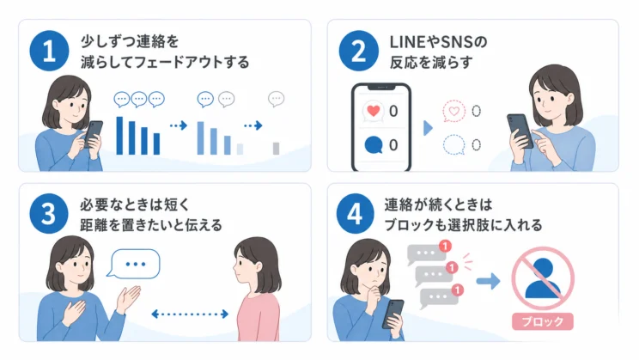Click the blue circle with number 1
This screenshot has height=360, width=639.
tap(49, 51)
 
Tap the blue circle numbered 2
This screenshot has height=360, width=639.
tap(359, 51)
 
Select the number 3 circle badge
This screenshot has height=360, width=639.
tap(49, 213)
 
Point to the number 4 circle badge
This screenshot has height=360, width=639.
tap(355, 213)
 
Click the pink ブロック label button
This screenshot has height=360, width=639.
tap(543, 321)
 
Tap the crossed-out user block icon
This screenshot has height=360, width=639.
tap(543, 278)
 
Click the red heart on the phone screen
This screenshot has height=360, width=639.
tap(374, 111)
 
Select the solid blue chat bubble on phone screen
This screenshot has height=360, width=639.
tap(374, 145)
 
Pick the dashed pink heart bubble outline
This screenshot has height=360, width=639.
tap(453, 111)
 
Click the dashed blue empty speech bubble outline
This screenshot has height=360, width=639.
tap(453, 145)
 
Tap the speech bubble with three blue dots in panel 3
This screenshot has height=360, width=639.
tap(134, 264)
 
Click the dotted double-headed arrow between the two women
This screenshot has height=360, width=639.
tap(190, 314)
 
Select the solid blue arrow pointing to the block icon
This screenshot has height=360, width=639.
tap(488, 281)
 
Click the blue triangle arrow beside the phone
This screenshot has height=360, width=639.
tap(428, 128)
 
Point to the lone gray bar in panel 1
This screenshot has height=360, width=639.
tap(276, 149)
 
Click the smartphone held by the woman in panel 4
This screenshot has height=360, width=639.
tap(393, 314)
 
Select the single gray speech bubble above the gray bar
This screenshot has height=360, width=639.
tap(276, 99)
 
